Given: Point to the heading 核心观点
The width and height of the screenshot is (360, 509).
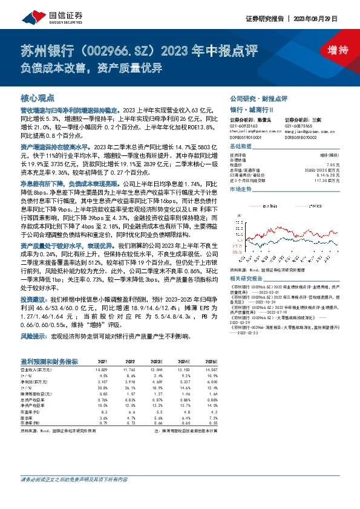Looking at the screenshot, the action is (x=38, y=97).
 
